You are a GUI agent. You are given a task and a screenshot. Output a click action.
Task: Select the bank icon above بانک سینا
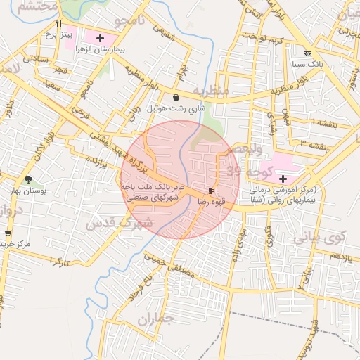tap(307, 53)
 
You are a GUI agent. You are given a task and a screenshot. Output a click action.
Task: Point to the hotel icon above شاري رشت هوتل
tap(175, 97)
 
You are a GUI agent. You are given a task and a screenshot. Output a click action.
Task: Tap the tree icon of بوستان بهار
tap(28, 180)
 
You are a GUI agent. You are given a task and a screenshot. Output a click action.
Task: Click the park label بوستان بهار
tap(27, 191)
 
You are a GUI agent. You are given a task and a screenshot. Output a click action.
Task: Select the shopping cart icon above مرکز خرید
tap(8, 233)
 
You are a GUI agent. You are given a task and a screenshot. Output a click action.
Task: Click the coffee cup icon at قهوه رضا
tap(211, 191)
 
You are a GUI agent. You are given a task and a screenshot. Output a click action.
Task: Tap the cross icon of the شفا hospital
tap(283, 179)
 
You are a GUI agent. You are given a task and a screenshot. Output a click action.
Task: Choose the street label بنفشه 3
tap(313, 141)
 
